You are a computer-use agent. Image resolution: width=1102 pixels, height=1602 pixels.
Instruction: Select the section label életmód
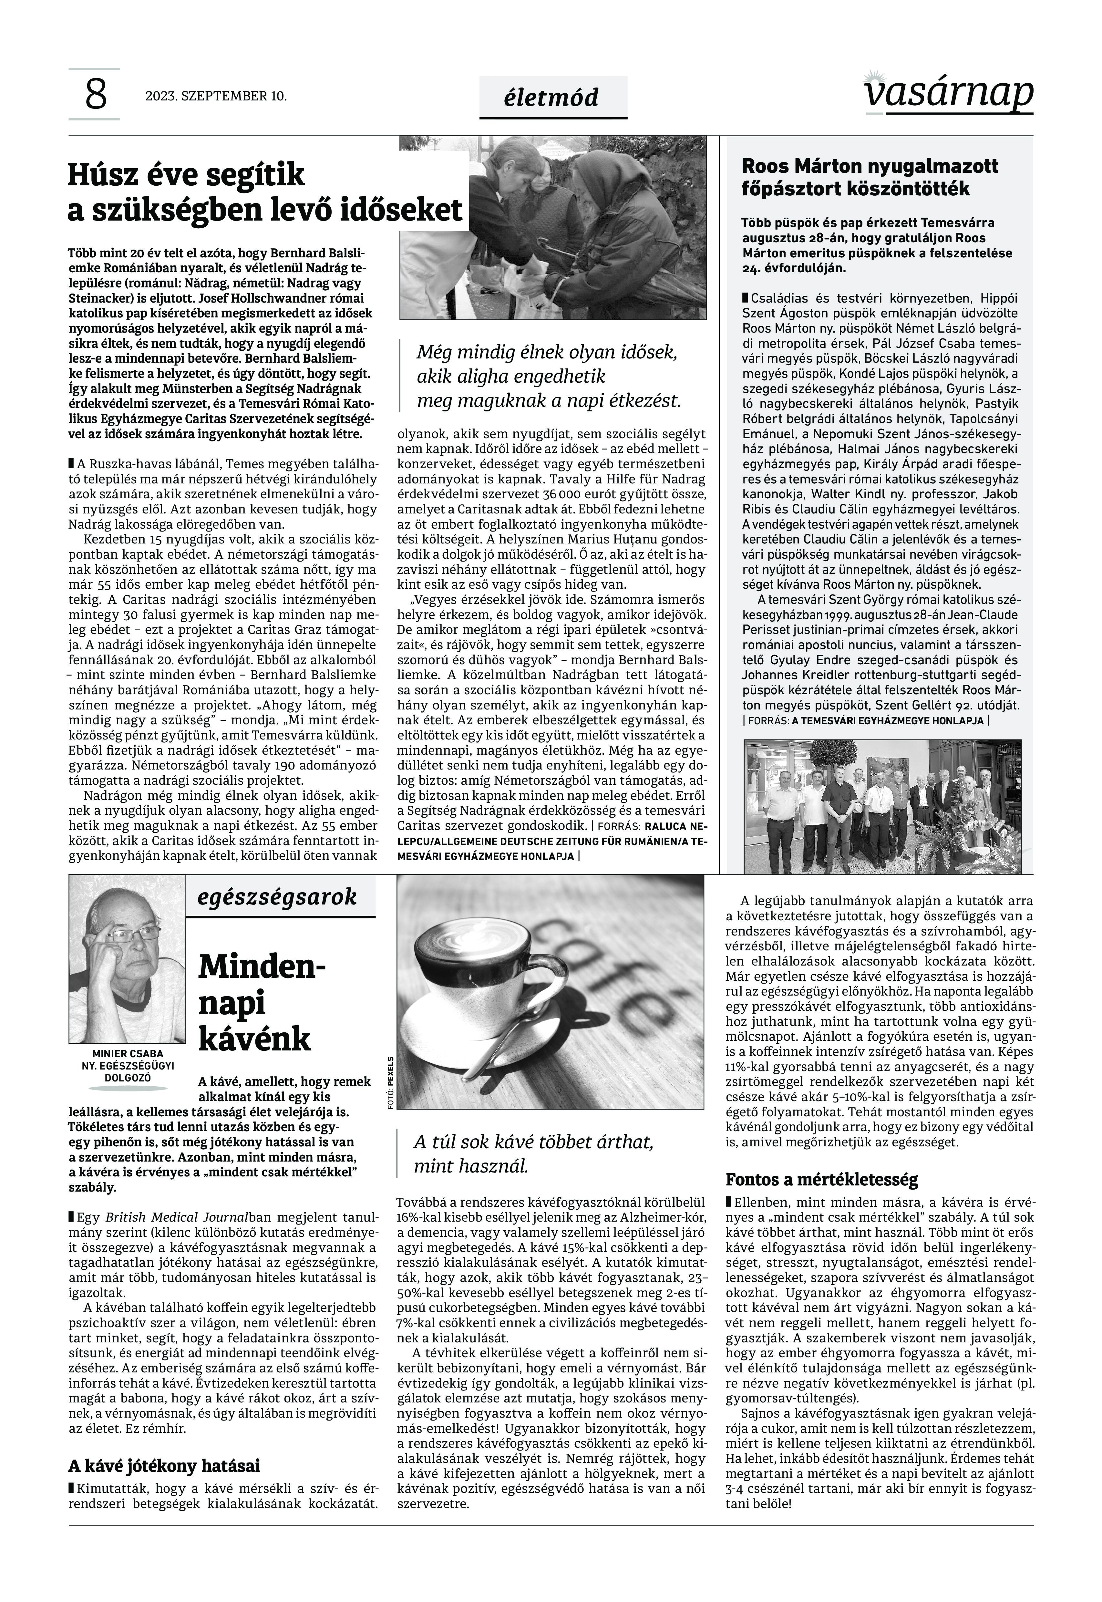552,98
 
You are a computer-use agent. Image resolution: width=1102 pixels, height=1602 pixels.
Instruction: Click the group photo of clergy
882,805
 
